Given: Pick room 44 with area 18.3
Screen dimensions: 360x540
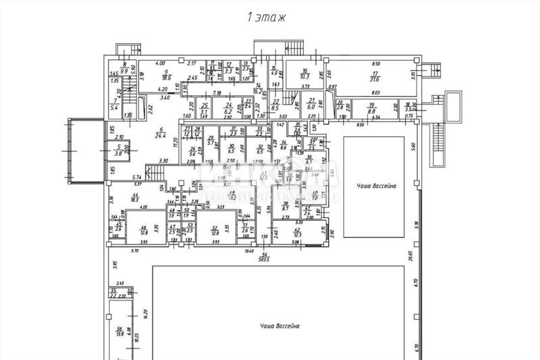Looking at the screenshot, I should point(134,197).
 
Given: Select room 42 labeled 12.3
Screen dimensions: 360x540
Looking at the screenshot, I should point(297,233).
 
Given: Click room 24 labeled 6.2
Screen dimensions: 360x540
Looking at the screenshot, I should point(228,108).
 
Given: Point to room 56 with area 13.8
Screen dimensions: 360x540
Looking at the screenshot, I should point(120,331).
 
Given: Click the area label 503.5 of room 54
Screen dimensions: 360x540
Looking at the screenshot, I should point(263,258).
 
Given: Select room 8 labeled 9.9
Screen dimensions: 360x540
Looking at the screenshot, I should point(124,68).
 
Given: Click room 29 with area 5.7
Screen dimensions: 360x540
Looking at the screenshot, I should point(211,142).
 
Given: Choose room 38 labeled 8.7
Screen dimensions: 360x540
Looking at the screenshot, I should point(286,207).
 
